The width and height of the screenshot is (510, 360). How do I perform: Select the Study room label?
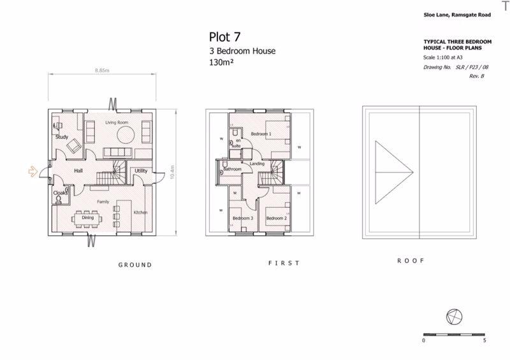point(62,137)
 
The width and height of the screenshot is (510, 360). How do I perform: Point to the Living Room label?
point(117,122)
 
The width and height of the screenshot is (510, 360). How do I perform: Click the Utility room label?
point(140,171)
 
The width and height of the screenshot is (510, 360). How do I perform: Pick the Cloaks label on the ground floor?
point(60,192)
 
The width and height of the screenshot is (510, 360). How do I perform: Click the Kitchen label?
point(141,212)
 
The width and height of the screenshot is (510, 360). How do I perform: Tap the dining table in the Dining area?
point(87,217)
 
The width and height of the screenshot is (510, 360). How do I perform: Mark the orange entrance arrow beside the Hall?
point(33,171)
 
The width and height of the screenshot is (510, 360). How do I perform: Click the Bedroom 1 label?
point(261,134)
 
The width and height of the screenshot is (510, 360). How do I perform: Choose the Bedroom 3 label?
point(242,219)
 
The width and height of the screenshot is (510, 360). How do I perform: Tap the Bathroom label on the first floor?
point(233,169)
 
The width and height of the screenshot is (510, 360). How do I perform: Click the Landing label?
point(258,164)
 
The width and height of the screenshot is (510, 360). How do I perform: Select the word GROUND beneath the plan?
point(136,265)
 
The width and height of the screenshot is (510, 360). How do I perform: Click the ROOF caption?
point(411,261)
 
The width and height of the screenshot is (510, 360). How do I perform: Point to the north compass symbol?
point(455,316)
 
